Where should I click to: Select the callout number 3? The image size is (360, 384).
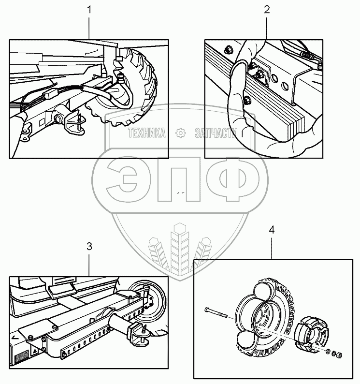tap(89, 246)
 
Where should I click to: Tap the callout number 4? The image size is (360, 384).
tap(272, 230)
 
